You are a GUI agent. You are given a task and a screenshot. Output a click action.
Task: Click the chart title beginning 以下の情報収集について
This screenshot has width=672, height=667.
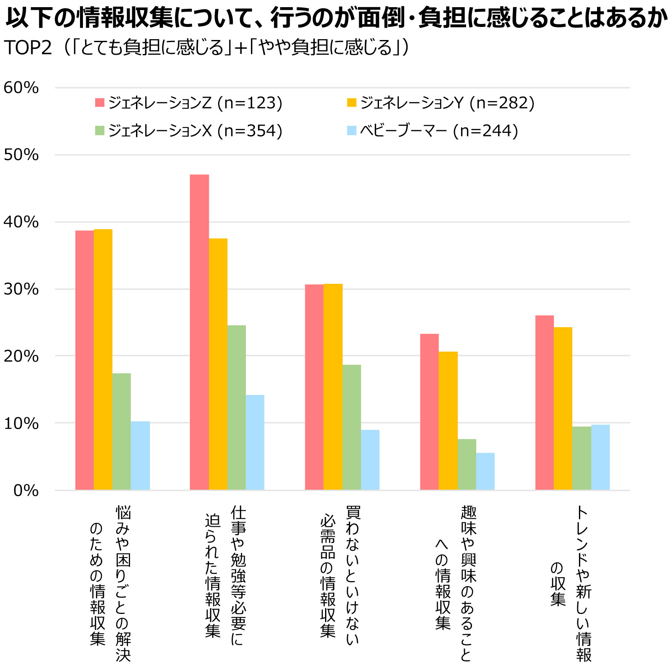tap(336, 18)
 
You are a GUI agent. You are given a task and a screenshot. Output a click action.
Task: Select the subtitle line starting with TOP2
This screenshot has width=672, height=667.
tap(206, 48)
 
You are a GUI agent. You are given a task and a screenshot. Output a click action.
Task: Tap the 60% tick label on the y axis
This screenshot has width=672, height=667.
tap(21, 88)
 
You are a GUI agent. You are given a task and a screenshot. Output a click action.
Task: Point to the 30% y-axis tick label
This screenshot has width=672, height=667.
tap(21, 289)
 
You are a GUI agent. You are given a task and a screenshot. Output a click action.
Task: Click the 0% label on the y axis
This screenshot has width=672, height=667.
tap(25, 491)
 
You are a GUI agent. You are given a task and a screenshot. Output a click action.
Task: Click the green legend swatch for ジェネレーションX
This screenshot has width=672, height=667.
tap(99, 131)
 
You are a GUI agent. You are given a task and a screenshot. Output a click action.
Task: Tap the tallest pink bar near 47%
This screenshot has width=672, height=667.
tap(199, 333)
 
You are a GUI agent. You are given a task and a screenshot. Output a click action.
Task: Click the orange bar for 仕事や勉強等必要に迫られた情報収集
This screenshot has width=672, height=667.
tap(218, 364)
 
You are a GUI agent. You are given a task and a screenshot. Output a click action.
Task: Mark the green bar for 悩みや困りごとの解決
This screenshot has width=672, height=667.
tap(122, 432)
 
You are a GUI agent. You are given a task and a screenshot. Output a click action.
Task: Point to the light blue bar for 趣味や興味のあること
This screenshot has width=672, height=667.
tap(485, 472)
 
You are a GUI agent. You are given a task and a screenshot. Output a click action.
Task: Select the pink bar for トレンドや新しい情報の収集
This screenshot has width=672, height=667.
tap(544, 403)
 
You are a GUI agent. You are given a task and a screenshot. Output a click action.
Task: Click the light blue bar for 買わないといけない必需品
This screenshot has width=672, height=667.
tap(370, 460)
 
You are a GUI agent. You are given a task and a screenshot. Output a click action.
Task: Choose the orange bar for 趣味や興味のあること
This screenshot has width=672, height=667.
tap(448, 421)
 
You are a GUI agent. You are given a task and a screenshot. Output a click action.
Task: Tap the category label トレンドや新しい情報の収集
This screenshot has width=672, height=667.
tap(571, 583)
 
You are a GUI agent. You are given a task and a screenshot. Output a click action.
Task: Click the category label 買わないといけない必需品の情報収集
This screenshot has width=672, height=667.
tap(340, 575)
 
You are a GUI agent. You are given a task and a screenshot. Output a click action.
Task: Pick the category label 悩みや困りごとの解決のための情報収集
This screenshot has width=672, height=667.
tap(110, 583)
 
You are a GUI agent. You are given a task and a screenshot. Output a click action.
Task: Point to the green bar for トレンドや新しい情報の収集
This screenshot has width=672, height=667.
tap(581, 458)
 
